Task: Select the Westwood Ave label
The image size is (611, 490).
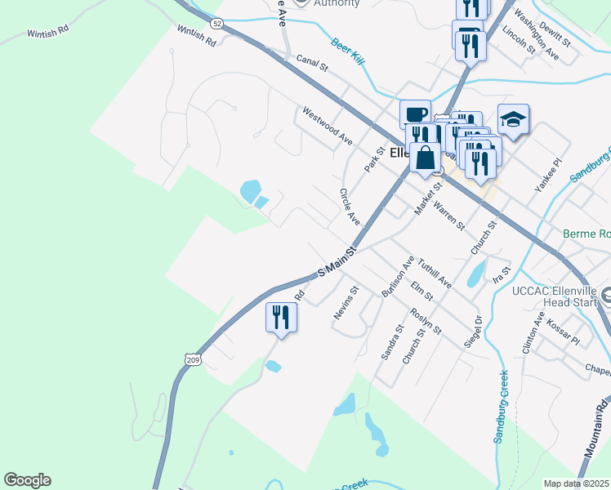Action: (327, 126)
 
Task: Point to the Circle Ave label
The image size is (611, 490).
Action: (350, 207)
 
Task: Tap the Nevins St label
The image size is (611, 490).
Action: (346, 302)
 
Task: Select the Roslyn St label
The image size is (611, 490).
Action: (426, 320)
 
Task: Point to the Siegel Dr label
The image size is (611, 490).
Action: (474, 332)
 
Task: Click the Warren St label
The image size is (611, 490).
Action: (449, 215)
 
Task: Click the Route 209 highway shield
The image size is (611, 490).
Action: (193, 359)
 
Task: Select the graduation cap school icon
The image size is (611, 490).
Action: (513, 120)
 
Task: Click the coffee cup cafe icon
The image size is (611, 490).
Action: (415, 114)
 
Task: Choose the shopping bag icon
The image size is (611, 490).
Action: (426, 158)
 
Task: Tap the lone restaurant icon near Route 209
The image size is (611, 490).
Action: (281, 316)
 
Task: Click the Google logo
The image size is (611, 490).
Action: (27, 480)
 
